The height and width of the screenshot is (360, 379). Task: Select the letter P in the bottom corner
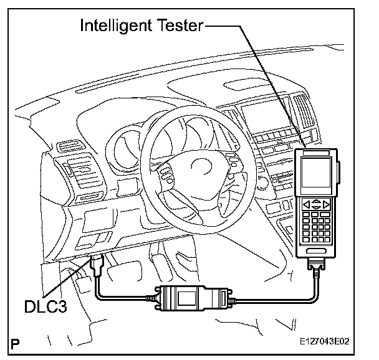click(15, 342)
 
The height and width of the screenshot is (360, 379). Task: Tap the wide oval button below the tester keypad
click(319, 250)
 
